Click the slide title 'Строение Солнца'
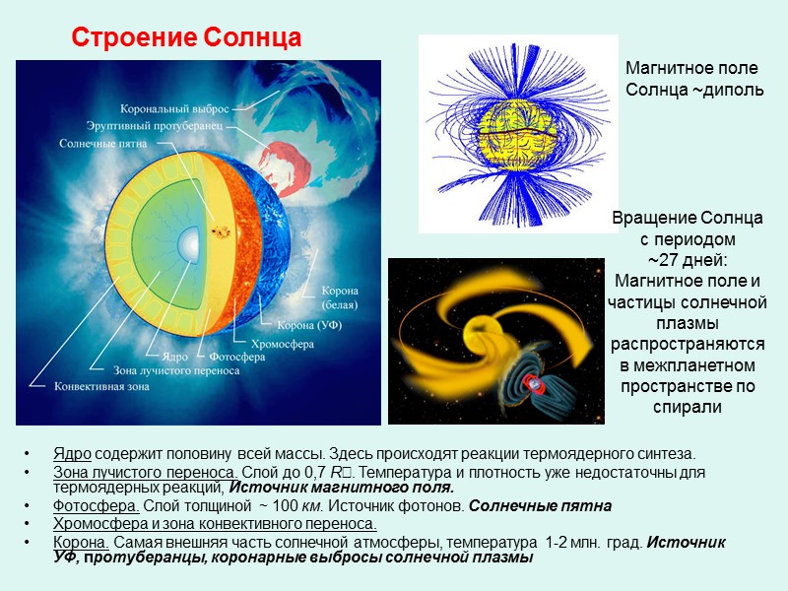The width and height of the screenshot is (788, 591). (186, 38)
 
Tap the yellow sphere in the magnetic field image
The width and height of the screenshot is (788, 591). (512, 139)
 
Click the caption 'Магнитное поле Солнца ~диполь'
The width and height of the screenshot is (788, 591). (694, 79)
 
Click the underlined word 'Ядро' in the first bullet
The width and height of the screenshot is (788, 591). (72, 454)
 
